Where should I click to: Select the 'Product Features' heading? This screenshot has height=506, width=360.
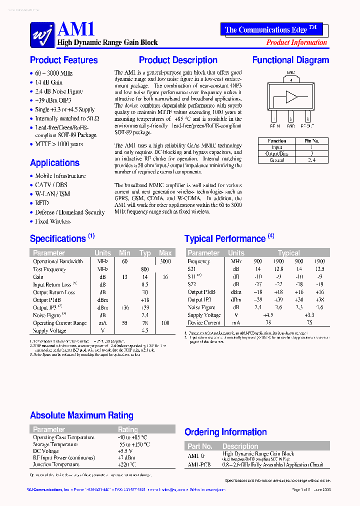point(64,60)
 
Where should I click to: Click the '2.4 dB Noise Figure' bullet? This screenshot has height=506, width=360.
point(58,91)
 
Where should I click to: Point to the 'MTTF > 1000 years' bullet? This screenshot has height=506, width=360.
point(58,144)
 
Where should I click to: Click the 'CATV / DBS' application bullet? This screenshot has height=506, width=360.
point(51,185)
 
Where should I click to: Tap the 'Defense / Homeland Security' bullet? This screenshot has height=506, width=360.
point(69,212)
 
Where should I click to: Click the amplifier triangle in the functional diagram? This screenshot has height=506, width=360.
point(290,96)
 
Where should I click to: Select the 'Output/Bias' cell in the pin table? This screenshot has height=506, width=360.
point(276,154)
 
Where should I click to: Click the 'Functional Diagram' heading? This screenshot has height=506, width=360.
point(290,60)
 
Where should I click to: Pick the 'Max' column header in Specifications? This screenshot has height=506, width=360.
point(165,253)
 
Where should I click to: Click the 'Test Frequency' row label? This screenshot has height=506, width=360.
point(49,269)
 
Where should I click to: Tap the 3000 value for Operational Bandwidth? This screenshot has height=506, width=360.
point(165,261)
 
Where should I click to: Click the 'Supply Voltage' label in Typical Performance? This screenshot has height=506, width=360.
point(204,315)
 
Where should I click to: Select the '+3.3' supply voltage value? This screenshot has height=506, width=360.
point(309,315)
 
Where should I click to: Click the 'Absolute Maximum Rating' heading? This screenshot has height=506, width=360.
point(81,415)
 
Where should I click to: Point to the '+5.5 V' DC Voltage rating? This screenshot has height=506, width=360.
point(126,451)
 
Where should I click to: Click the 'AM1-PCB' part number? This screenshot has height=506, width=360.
point(199,464)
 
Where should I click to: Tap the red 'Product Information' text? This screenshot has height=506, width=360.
point(296,42)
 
